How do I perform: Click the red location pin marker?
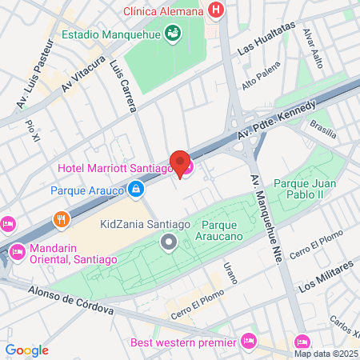pyautogui.click(x=180, y=163)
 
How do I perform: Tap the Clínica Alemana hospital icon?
pyautogui.click(x=214, y=11)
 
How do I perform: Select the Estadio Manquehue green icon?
pyautogui.click(x=172, y=34)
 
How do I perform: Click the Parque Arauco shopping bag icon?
pyautogui.click(x=136, y=190)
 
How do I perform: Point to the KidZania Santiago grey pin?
pyautogui.click(x=168, y=242)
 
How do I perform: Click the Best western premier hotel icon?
pyautogui.click(x=249, y=341)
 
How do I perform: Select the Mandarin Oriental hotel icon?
pyautogui.click(x=17, y=253)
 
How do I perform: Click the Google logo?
pyautogui.click(x=26, y=350)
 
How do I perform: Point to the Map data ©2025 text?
pyautogui.click(x=325, y=354)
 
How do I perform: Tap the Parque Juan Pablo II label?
pyautogui.click(x=309, y=189)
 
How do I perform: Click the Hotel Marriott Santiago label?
pyautogui.click(x=115, y=168)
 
